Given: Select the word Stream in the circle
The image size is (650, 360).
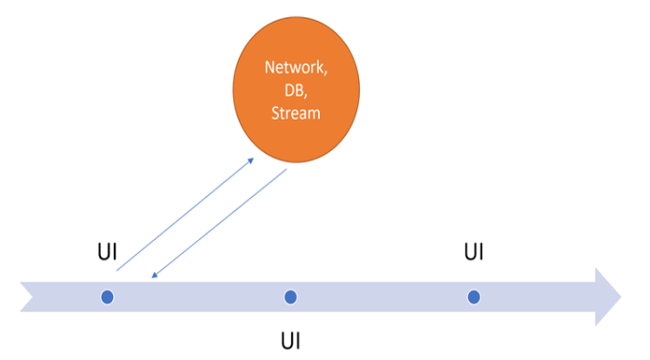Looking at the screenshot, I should (x=295, y=112).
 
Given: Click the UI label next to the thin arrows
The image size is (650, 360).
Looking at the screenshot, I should (x=106, y=254).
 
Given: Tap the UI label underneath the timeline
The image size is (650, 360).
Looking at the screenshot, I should (x=290, y=337).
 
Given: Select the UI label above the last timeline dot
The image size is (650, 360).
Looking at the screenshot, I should (x=474, y=252).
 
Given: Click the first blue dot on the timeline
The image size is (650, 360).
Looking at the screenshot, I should (x=107, y=297).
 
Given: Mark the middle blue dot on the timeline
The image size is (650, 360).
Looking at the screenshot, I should (x=290, y=297).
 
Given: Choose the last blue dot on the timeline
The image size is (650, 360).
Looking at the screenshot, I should (x=474, y=297).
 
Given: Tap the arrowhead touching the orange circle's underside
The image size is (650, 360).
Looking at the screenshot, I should (x=251, y=160).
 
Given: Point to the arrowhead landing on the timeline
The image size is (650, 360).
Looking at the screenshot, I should (x=154, y=276).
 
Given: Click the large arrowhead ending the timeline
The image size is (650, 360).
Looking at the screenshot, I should (x=607, y=297).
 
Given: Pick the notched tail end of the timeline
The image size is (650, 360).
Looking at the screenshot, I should (x=28, y=297).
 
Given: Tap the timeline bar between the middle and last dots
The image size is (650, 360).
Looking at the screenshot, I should (x=382, y=297).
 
